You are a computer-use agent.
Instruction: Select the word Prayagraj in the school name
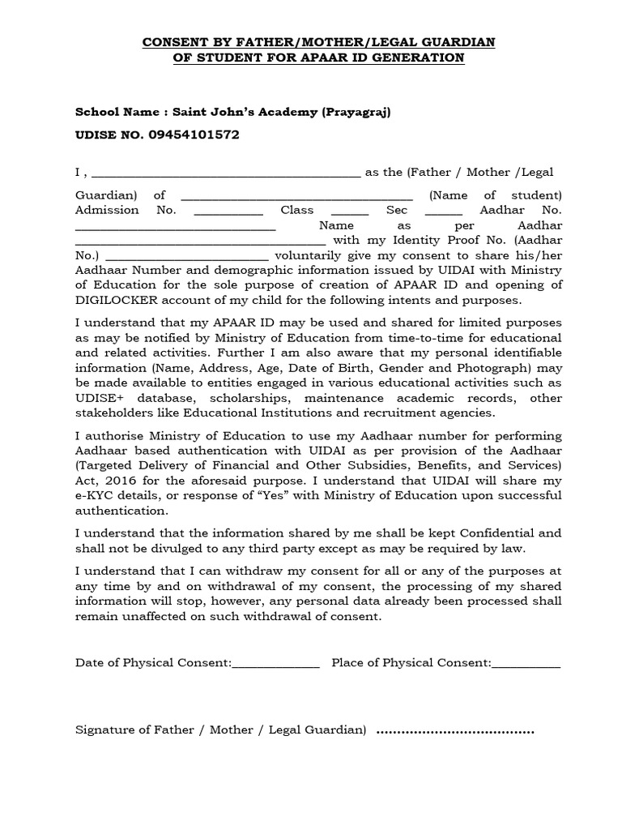click(x=356, y=112)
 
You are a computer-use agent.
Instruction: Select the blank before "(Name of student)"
click(x=296, y=196)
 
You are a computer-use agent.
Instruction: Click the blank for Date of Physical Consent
click(x=276, y=664)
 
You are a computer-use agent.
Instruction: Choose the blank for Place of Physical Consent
click(x=526, y=664)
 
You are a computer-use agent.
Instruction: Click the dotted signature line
click(x=456, y=731)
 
